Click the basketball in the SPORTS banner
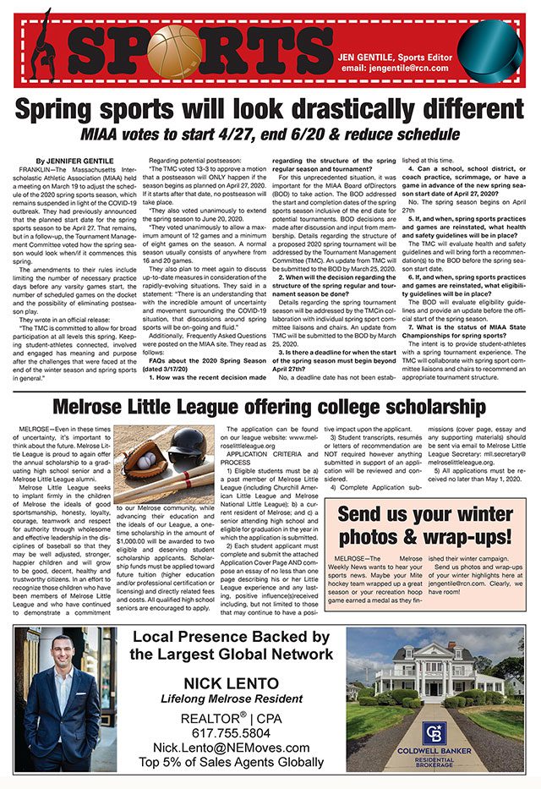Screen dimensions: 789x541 174,47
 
